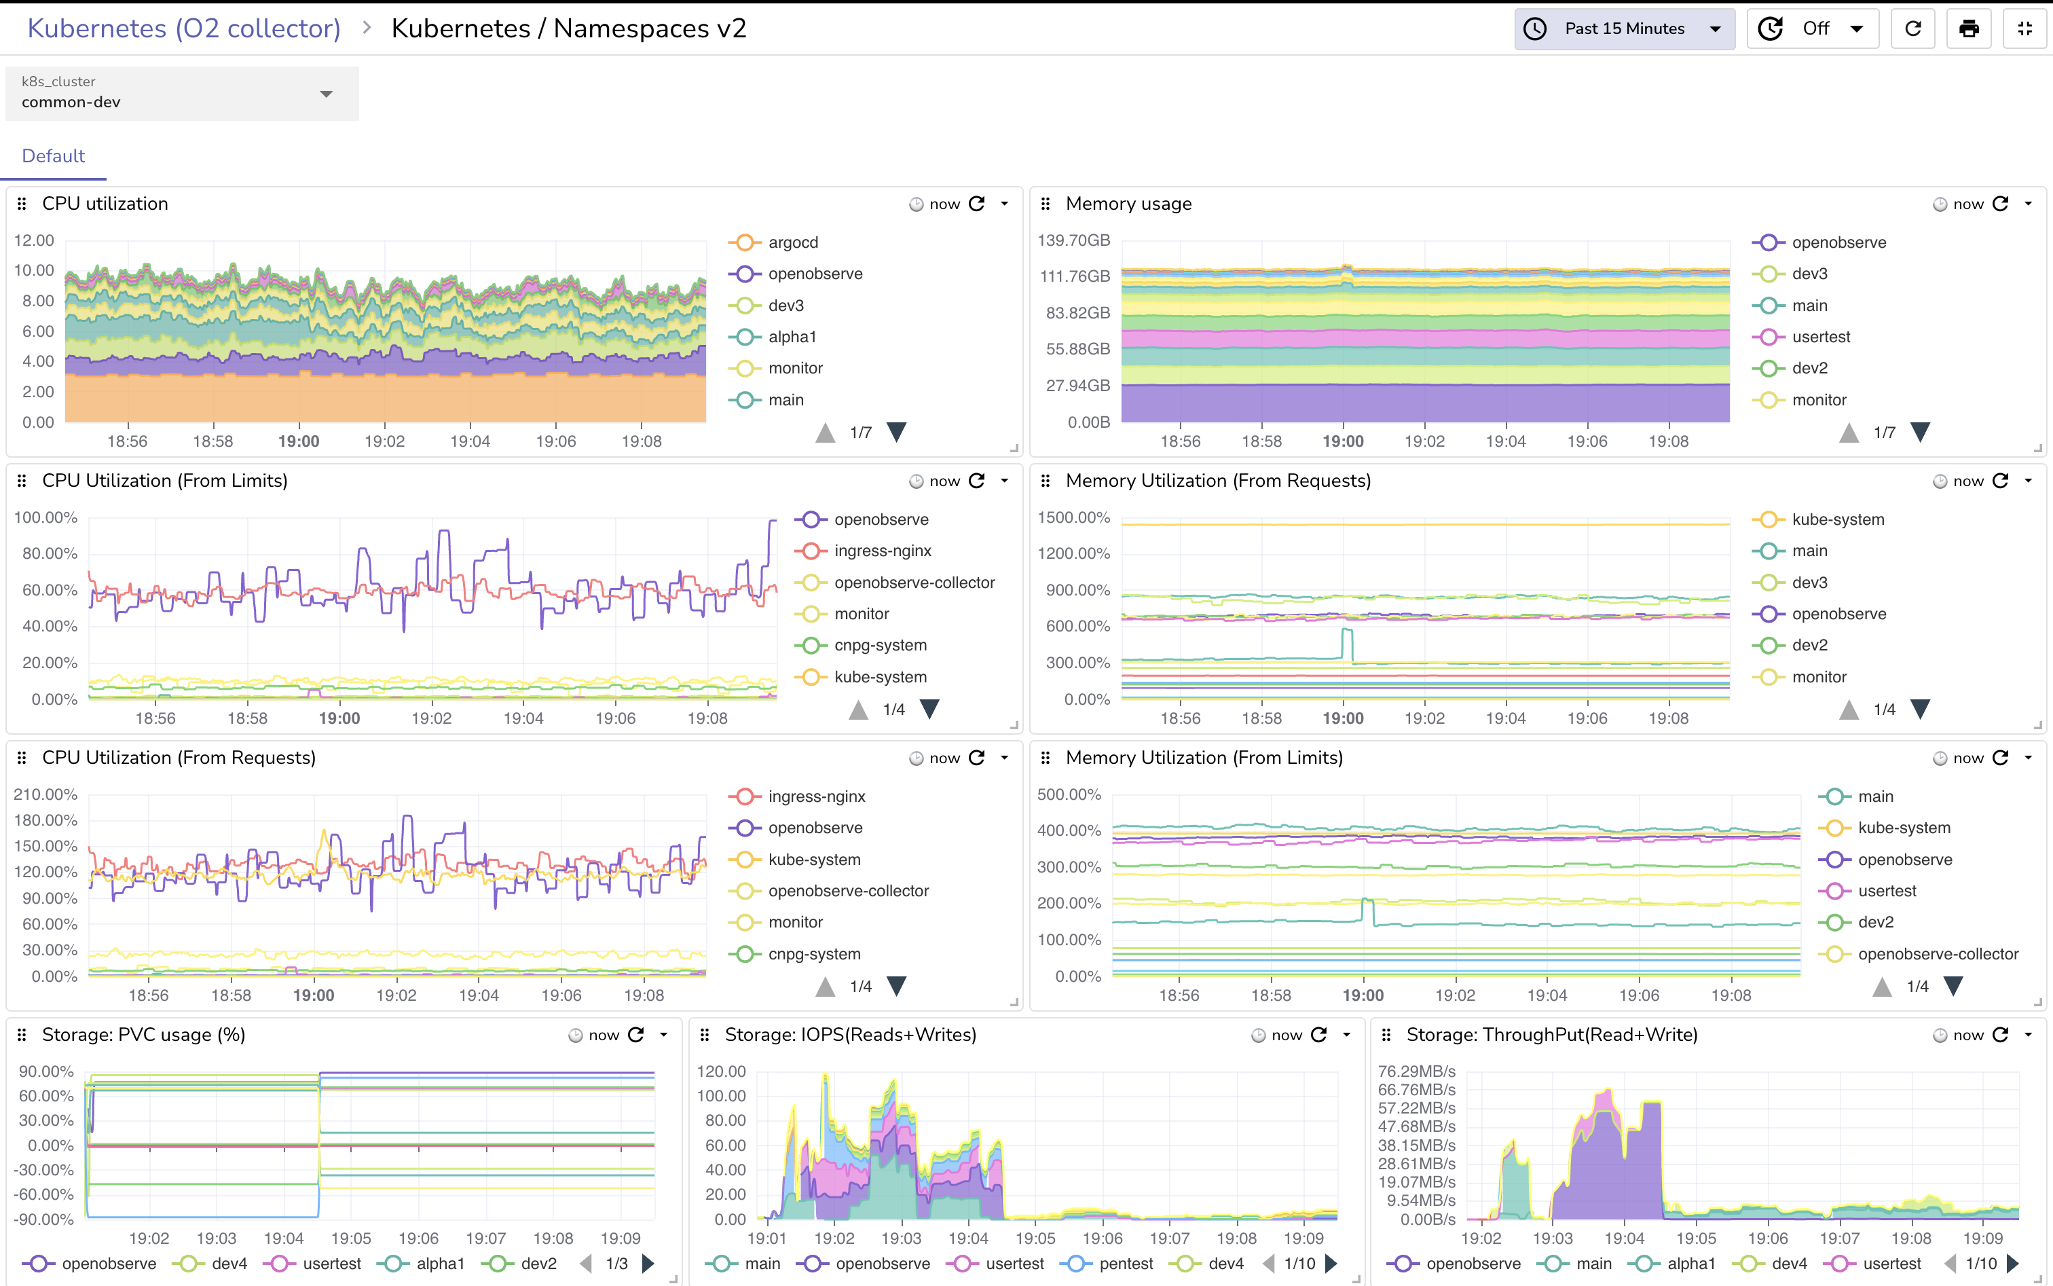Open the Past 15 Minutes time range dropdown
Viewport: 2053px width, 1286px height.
1625,29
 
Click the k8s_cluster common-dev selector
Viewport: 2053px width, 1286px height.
181,94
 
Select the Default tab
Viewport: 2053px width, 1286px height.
53,155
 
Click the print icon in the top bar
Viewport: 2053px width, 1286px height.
1968,29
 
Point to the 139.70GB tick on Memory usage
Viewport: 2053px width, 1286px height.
1073,240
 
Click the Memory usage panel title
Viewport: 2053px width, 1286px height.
1128,204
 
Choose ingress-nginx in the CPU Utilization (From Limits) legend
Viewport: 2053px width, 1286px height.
882,551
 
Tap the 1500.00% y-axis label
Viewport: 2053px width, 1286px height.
1073,517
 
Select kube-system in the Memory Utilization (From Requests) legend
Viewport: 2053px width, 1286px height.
1837,519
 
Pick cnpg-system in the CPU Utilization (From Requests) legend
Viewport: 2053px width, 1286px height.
814,954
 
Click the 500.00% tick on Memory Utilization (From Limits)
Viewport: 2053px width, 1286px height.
1069,794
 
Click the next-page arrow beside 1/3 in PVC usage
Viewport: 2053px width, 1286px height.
648,1264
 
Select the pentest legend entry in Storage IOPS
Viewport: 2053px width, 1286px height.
1125,1264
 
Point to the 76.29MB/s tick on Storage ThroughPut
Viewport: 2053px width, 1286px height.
1416,1071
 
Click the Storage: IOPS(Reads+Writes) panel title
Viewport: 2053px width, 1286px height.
849,1035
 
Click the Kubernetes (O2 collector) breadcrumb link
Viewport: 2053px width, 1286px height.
184,29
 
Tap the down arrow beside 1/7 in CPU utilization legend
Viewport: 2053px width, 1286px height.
896,432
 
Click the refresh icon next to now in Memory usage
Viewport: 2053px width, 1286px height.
2000,204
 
